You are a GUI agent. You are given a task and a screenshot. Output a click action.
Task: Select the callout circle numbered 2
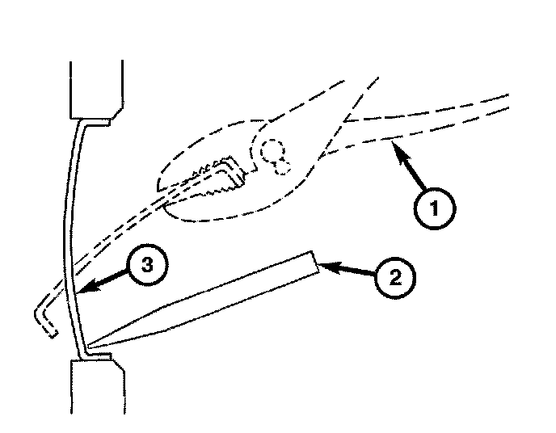click(x=395, y=277)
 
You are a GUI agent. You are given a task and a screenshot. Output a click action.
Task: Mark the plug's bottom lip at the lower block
click(x=95, y=354)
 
